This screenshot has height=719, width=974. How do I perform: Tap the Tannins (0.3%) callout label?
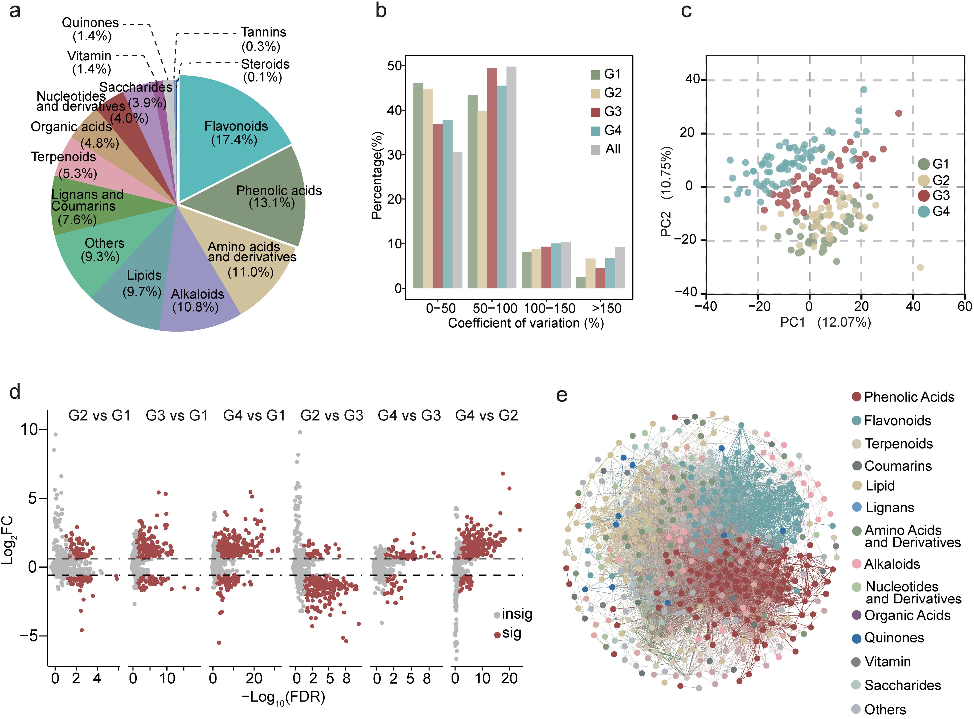click(x=263, y=39)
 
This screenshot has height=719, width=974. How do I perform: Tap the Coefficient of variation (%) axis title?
click(x=526, y=323)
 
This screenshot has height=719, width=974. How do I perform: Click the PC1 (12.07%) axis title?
click(x=825, y=322)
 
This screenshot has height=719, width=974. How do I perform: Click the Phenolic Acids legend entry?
click(x=903, y=397)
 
